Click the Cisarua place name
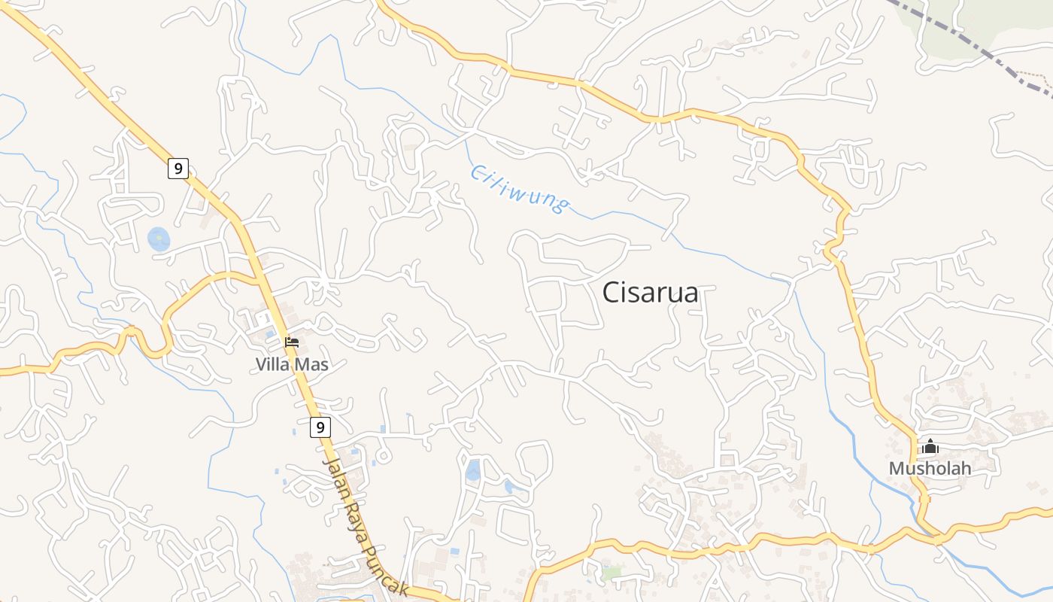(x=650, y=293)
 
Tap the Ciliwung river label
(x=519, y=188)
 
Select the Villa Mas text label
(x=292, y=365)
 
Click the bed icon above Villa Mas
(x=292, y=342)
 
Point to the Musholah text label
(x=930, y=468)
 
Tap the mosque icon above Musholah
(x=930, y=446)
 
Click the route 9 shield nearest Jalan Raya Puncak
(x=320, y=427)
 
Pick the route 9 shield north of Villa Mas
(x=178, y=169)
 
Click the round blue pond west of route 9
(x=159, y=239)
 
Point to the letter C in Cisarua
(x=611, y=293)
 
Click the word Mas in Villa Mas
(x=314, y=365)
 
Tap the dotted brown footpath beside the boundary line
(x=1034, y=76)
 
